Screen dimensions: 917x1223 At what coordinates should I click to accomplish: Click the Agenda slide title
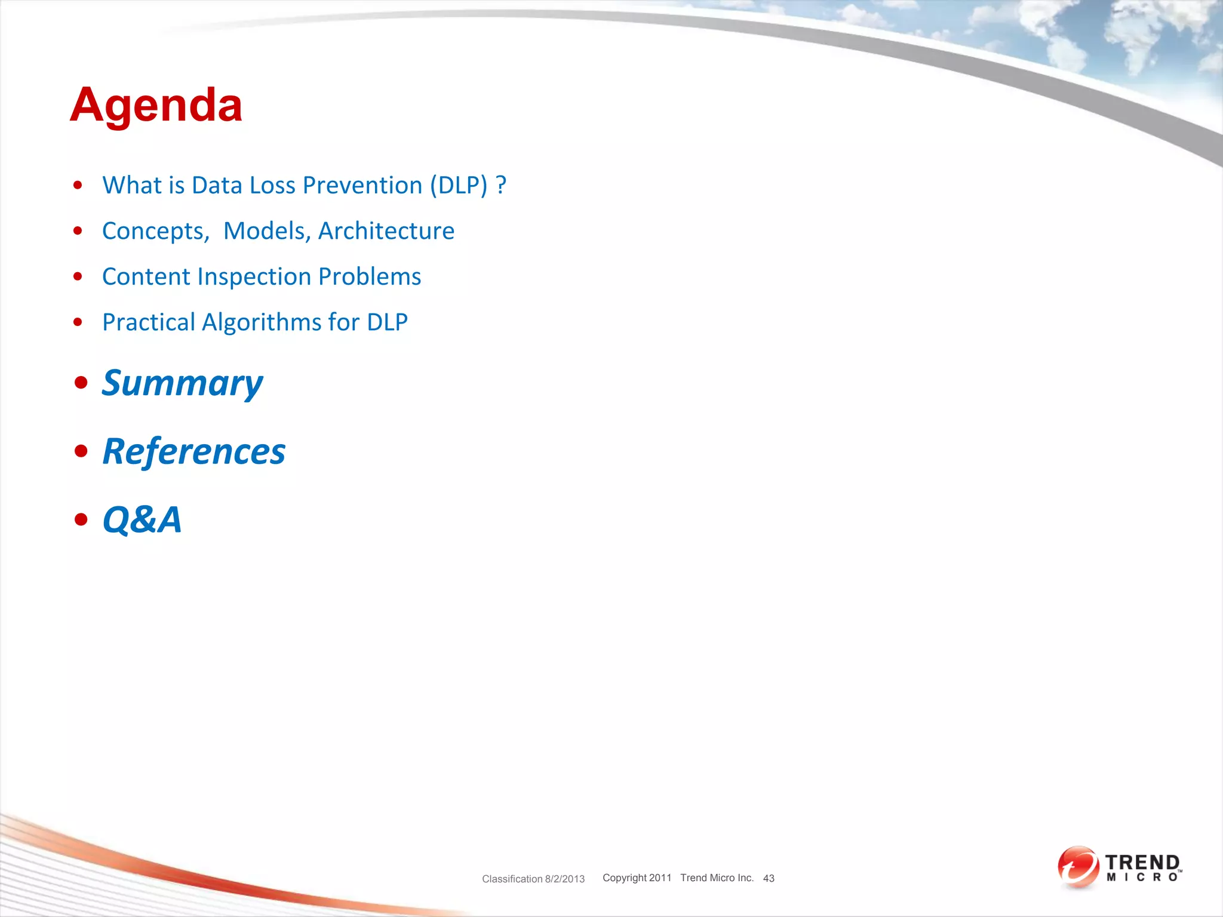[x=156, y=105]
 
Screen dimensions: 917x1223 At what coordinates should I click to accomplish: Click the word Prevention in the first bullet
[x=362, y=186]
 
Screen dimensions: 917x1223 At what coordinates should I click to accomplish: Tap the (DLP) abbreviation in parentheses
[x=459, y=186]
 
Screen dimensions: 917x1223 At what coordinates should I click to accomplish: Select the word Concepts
[x=155, y=231]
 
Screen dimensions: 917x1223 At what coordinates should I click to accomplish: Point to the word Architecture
[x=386, y=231]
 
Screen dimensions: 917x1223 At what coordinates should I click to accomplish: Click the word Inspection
[x=254, y=276]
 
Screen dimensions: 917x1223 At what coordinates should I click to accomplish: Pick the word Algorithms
[x=262, y=322]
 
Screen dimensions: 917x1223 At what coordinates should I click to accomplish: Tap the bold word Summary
[x=182, y=383]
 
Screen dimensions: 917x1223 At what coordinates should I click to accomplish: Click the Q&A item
[x=142, y=519]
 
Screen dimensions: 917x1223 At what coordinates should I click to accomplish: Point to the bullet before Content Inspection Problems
[x=78, y=276]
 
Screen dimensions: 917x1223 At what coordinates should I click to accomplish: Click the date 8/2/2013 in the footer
[x=564, y=879]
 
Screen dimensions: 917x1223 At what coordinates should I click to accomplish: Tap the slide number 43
[x=769, y=878]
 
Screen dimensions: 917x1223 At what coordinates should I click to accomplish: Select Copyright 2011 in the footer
[x=637, y=878]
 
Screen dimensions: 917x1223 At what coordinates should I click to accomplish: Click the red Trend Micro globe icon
[x=1078, y=867]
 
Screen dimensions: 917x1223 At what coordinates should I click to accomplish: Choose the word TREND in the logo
[x=1142, y=863]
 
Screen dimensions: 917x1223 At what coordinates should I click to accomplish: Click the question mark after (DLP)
[x=501, y=186]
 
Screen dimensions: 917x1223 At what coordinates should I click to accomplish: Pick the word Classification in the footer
[x=512, y=879]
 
